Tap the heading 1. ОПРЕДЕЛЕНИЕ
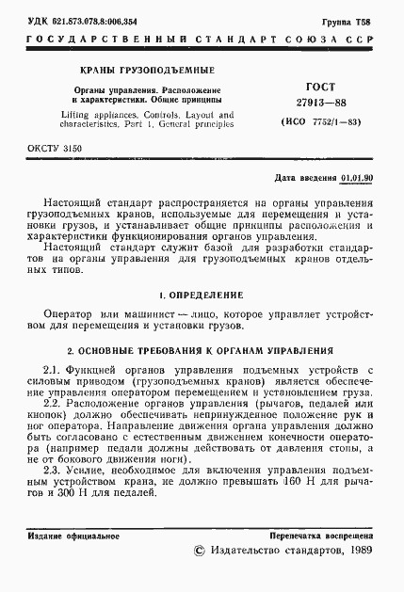[202, 296]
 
